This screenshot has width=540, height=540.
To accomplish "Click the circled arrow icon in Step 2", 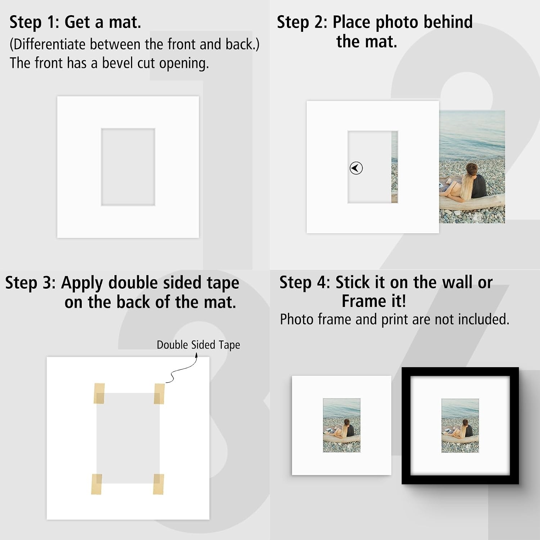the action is (356, 168).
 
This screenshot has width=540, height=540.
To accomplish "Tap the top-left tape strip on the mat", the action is (99, 393).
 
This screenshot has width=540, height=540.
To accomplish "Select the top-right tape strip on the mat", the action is (159, 393).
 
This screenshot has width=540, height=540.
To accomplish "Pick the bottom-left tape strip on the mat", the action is (96, 484).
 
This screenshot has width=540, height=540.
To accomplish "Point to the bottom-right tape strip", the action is (158, 484).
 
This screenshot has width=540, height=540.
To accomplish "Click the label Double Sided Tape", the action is (198, 345).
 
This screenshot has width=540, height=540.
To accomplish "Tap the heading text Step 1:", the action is (34, 22).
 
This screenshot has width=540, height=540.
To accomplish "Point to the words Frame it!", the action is (374, 301).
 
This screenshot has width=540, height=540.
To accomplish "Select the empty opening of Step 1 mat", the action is (128, 167).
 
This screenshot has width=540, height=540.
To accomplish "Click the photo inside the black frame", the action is (460, 426).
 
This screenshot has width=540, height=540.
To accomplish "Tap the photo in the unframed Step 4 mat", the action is (342, 425).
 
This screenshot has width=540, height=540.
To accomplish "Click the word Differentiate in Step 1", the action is (48, 44).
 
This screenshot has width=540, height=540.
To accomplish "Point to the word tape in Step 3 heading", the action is (223, 283).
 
